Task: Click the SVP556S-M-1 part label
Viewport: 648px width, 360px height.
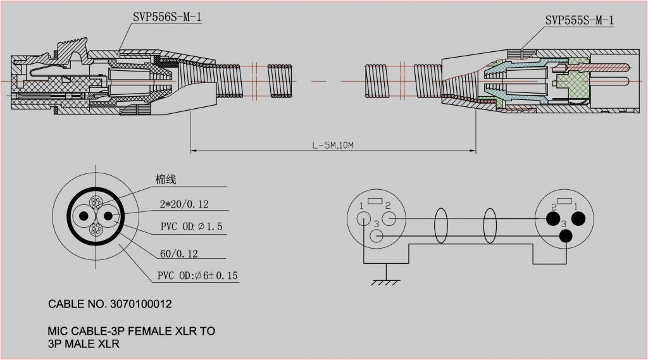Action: tap(167, 17)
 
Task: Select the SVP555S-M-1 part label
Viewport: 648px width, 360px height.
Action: tap(579, 21)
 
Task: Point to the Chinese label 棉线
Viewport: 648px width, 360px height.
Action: tap(166, 180)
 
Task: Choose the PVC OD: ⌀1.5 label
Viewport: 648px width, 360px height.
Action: tap(190, 227)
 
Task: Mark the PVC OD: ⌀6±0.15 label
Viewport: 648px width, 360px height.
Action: tap(197, 276)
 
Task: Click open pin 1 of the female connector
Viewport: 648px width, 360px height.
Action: tap(363, 219)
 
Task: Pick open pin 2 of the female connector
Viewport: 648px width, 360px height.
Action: tap(389, 219)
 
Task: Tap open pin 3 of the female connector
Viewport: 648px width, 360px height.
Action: tap(376, 237)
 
